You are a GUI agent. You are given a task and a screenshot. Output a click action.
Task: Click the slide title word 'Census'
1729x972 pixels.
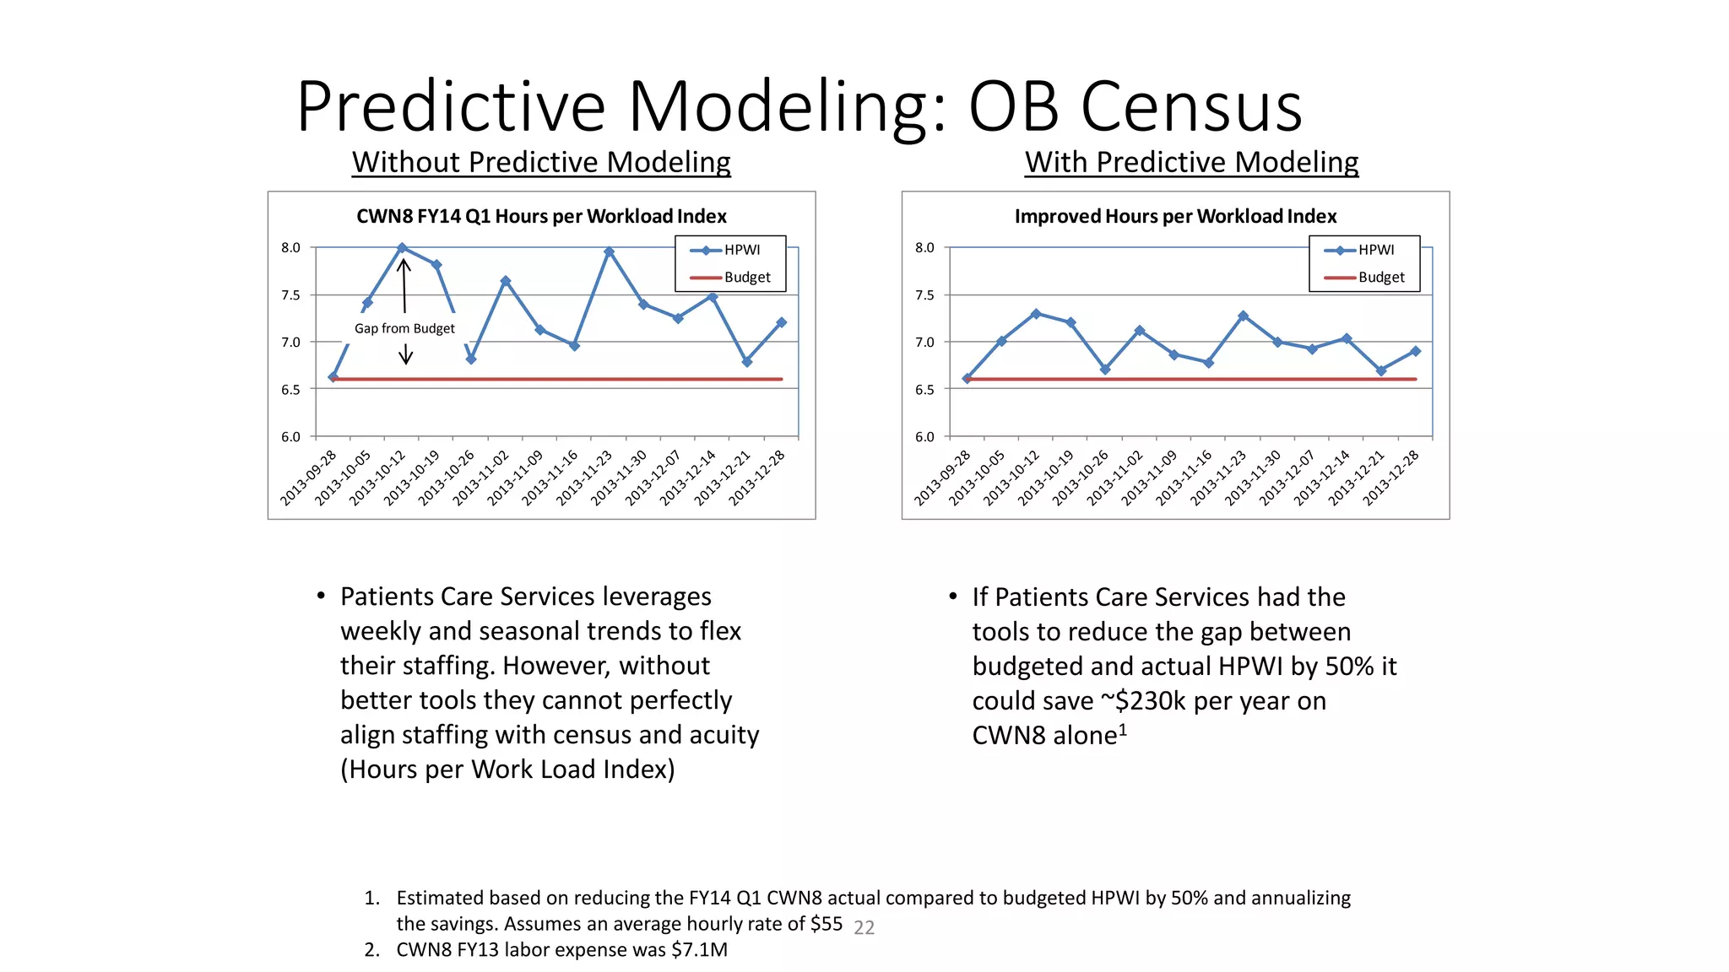pyautogui.click(x=1191, y=108)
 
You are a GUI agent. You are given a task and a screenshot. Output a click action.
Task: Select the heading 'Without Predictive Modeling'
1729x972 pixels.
pyautogui.click(x=541, y=162)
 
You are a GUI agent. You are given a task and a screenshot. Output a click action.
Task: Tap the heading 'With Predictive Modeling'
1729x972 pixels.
pyautogui.click(x=1191, y=162)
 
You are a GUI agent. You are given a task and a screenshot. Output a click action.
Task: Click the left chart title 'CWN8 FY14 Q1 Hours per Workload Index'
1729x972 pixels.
pyautogui.click(x=541, y=216)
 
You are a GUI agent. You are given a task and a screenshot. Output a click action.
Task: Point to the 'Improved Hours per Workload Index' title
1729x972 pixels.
pyautogui.click(x=1175, y=216)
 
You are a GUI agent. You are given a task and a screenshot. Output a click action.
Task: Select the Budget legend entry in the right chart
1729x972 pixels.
pyautogui.click(x=1365, y=277)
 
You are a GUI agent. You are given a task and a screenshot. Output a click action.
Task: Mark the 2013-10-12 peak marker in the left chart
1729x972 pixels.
pyautogui.click(x=402, y=248)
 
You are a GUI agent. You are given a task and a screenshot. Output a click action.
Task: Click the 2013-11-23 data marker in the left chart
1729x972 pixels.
pyautogui.click(x=609, y=251)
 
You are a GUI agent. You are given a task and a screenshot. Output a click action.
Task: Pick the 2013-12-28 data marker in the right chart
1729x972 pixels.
pyautogui.click(x=1415, y=351)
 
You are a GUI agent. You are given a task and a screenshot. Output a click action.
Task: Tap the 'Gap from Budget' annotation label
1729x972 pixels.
pyautogui.click(x=404, y=328)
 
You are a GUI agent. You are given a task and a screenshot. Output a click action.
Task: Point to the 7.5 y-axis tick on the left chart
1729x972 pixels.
pyautogui.click(x=290, y=295)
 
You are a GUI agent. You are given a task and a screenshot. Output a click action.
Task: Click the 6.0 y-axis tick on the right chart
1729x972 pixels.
pyautogui.click(x=924, y=437)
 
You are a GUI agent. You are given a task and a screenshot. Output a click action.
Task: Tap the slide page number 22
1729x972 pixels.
pyautogui.click(x=864, y=928)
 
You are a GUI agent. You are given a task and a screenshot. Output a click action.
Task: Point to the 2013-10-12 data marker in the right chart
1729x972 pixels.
pyautogui.click(x=1036, y=314)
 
